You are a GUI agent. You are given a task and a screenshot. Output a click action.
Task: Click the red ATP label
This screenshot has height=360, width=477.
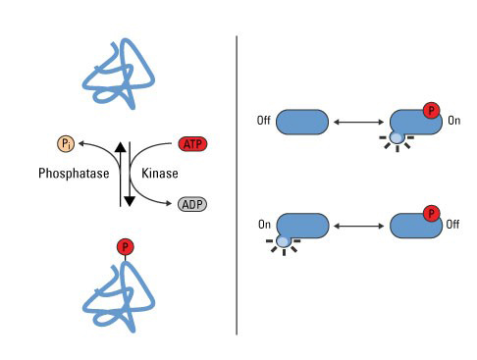(192, 144)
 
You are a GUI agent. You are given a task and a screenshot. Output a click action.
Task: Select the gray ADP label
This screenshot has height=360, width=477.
(192, 204)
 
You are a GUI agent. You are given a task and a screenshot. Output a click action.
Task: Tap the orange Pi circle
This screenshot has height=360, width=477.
(66, 144)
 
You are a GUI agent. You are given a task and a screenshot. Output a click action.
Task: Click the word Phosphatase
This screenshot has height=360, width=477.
(74, 174)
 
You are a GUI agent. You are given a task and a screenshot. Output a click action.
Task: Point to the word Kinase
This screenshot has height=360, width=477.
(160, 174)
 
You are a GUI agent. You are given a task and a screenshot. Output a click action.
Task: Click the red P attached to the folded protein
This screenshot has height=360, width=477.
(126, 247)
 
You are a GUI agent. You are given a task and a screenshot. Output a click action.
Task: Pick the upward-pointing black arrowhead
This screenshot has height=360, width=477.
(121, 147)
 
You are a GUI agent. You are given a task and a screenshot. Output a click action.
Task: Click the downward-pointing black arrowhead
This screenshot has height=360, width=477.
(130, 201)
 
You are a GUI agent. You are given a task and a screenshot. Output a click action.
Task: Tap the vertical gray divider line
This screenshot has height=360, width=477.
(237, 185)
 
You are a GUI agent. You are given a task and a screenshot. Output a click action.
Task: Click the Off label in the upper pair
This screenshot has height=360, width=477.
(264, 121)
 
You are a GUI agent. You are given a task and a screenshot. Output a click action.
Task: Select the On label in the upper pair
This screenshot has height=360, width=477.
(454, 121)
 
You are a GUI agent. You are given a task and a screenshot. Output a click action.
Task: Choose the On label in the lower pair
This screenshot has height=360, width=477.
(264, 225)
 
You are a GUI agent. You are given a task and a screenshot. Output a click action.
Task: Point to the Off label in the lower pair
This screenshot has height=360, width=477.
(452, 225)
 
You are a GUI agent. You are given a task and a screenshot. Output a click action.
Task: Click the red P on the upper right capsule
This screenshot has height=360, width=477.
(431, 111)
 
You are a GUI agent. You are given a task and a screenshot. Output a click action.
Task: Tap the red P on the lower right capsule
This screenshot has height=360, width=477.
(431, 214)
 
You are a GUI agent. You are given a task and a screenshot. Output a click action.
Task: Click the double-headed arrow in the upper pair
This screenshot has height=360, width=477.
(358, 122)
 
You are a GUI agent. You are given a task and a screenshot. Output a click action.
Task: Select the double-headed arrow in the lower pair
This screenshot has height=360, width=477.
(358, 226)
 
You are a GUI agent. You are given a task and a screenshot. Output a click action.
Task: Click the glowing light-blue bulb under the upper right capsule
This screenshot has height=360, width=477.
(397, 138)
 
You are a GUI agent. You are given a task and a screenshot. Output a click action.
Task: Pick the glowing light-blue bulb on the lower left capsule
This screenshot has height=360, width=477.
(283, 241)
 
